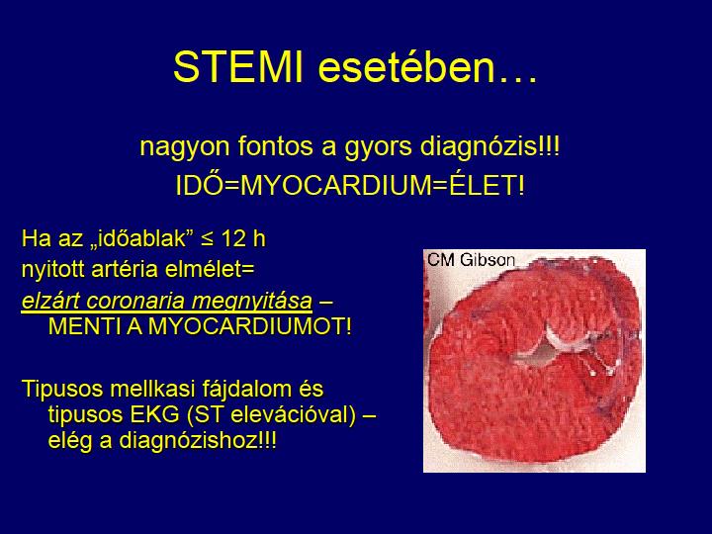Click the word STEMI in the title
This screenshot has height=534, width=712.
(238, 67)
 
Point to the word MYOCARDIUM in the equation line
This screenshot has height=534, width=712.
(337, 185)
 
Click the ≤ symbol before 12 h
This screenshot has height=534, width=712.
(207, 239)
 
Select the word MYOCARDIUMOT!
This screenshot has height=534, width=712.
(250, 326)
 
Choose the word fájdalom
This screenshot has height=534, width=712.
(234, 390)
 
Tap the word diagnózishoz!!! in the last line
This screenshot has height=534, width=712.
(198, 441)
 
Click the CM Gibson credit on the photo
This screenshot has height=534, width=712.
(471, 260)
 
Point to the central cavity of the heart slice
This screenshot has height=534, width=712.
(541, 355)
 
